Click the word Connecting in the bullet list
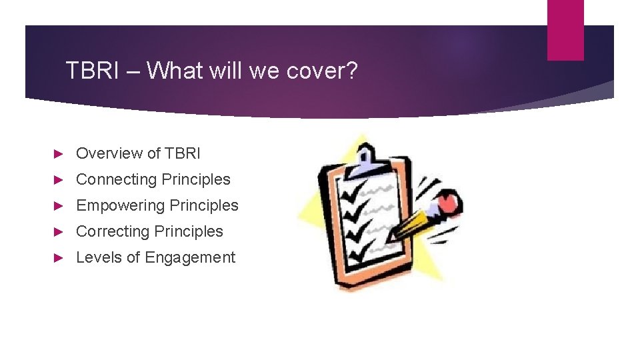116,179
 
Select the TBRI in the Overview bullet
183,153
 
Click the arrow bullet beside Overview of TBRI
58,153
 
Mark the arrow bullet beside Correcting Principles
58,231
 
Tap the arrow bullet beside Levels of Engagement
58,257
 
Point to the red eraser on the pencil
448,201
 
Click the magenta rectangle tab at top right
565,30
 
